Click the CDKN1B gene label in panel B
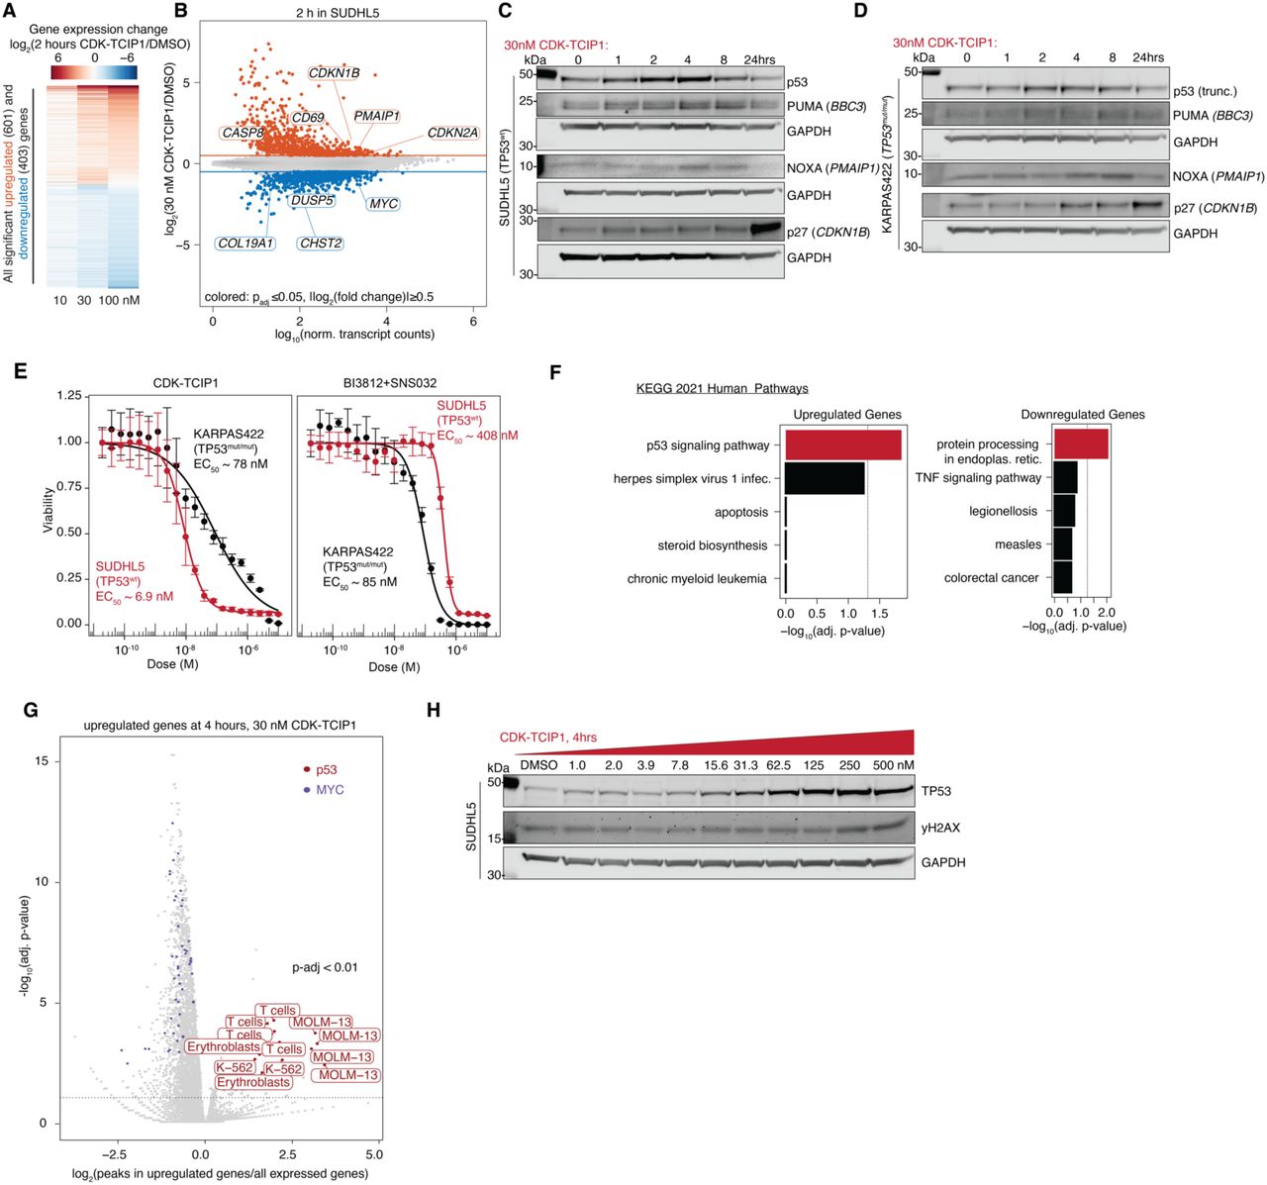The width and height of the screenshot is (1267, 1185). (334, 73)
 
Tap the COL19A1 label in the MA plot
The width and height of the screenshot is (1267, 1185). (245, 244)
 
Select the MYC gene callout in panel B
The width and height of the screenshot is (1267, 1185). (383, 204)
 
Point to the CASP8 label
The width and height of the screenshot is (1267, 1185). (243, 133)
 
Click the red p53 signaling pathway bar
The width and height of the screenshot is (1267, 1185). (842, 445)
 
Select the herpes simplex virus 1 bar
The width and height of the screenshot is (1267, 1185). (825, 478)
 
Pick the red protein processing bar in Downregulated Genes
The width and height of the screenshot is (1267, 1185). (1081, 444)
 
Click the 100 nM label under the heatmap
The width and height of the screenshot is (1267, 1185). (119, 300)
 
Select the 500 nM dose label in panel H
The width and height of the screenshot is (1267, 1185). (892, 765)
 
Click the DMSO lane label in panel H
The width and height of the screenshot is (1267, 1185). (538, 765)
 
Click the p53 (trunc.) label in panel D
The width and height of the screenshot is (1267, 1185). (1204, 91)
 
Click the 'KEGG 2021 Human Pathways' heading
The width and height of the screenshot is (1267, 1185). (722, 388)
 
